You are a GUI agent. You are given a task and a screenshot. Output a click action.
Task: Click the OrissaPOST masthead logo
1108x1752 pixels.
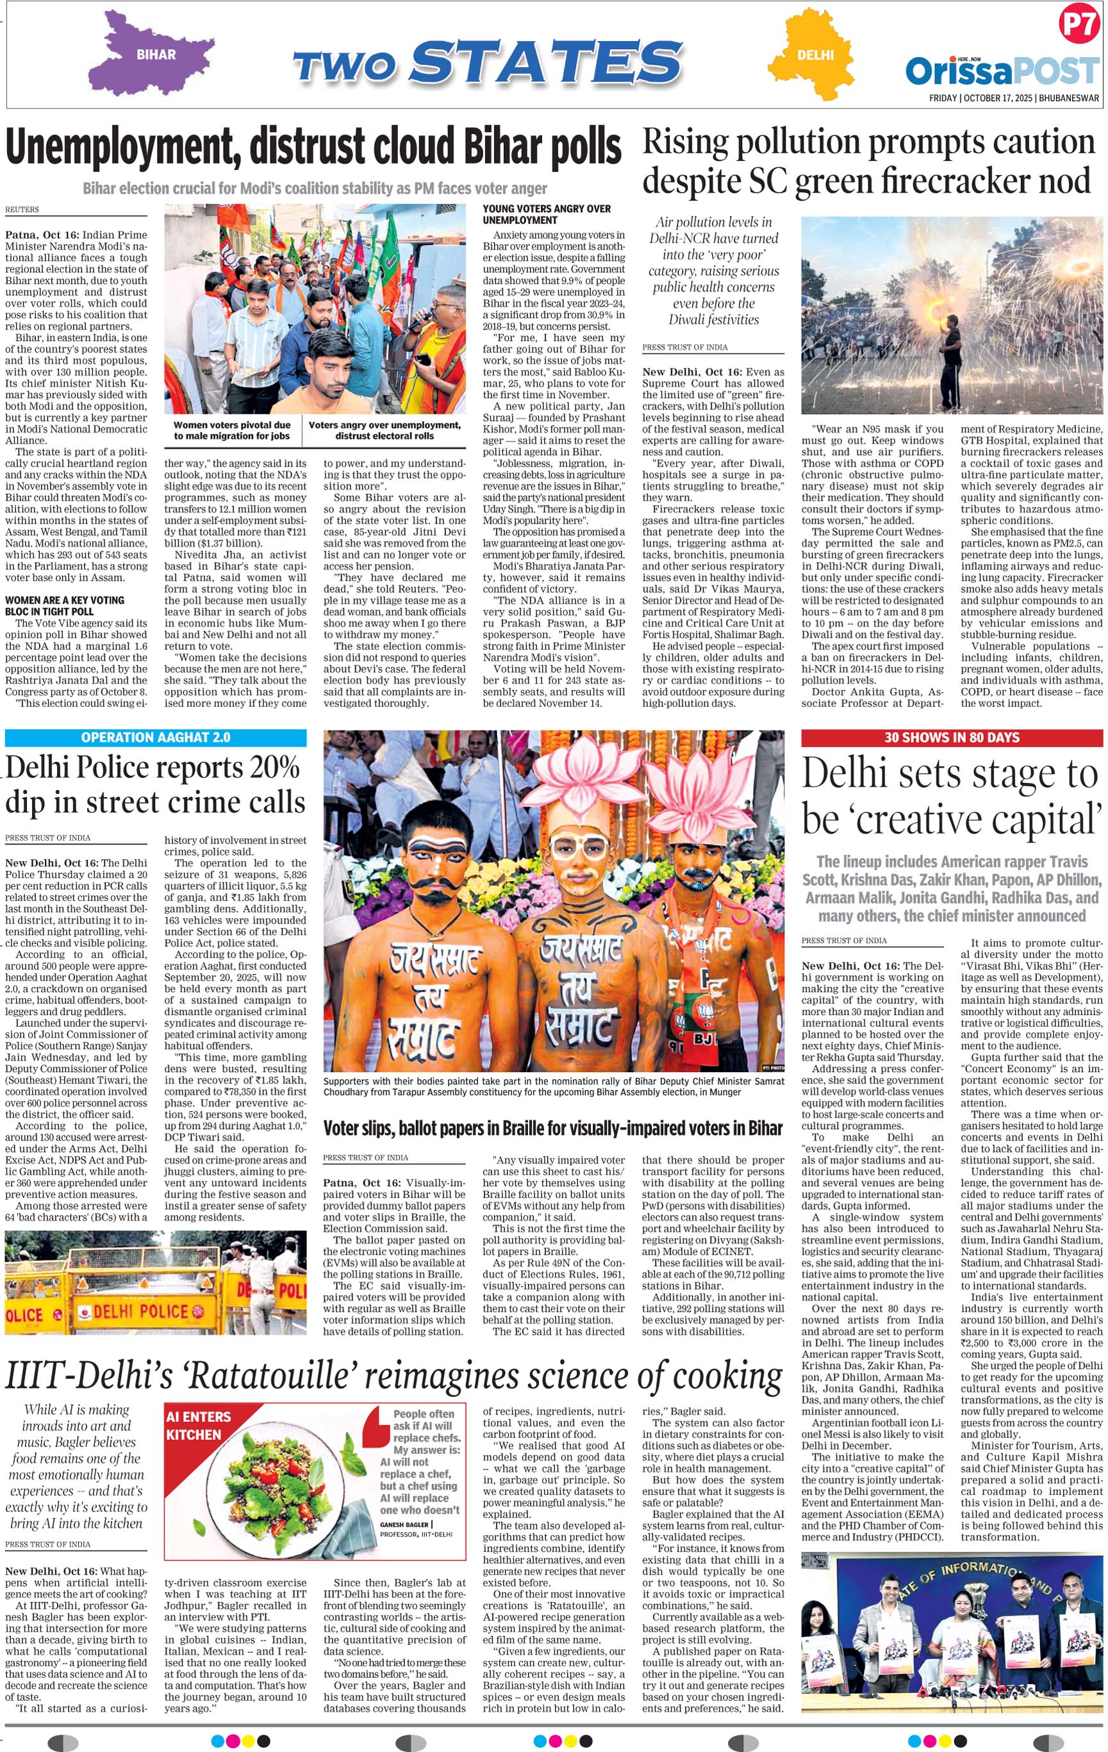(1002, 71)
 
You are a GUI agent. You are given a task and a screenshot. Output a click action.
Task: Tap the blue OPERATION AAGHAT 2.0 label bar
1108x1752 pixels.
(156, 737)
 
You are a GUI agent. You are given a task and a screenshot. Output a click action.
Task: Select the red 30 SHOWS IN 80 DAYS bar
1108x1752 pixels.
(951, 737)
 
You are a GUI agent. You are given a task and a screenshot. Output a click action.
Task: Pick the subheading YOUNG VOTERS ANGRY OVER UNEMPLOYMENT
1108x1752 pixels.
(547, 214)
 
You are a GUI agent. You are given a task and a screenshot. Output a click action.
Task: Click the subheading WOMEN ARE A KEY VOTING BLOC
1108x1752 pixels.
(65, 606)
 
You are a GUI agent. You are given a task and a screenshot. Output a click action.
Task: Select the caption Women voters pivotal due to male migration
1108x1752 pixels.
(231, 430)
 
